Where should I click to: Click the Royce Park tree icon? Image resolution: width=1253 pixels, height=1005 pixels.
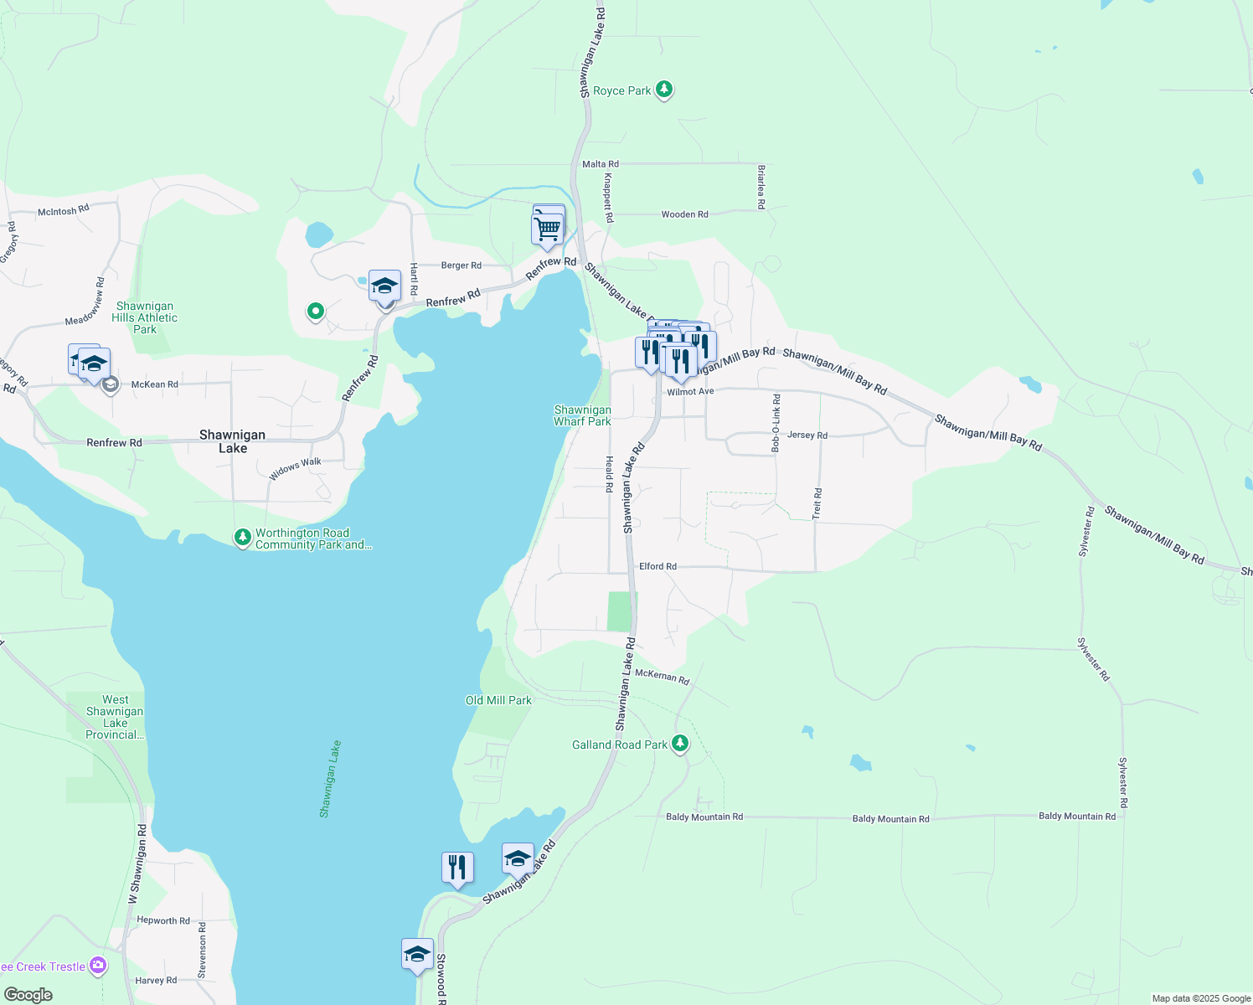click(x=664, y=89)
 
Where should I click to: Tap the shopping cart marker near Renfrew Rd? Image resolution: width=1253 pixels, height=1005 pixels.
click(x=547, y=228)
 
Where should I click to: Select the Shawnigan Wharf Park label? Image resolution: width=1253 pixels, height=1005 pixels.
click(x=582, y=416)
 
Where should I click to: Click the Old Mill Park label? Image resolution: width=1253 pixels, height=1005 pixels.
click(x=498, y=700)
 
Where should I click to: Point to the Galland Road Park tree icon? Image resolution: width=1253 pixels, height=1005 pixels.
click(x=680, y=743)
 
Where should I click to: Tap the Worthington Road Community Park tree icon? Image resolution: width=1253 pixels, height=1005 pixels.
click(x=243, y=537)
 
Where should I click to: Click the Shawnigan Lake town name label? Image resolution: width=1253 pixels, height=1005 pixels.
click(x=232, y=441)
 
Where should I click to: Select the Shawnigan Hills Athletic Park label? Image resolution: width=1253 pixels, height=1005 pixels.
click(x=145, y=318)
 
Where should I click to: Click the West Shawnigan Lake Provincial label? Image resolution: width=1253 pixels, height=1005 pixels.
click(x=115, y=717)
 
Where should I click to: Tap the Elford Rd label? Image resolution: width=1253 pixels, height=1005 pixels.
click(x=657, y=566)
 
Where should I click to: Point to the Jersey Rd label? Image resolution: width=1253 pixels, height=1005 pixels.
click(x=807, y=435)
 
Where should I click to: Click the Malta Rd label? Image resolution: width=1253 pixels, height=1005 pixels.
click(x=600, y=164)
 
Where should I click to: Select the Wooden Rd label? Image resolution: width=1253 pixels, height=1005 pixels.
click(x=684, y=214)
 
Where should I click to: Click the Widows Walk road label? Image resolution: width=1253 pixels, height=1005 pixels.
click(x=295, y=469)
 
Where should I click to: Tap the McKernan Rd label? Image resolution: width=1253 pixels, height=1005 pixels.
click(x=662, y=676)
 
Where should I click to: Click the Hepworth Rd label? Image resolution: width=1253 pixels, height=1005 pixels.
click(x=163, y=920)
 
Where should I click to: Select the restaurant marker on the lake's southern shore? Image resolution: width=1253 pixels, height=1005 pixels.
click(x=457, y=867)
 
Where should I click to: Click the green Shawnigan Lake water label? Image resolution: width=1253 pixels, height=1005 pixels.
click(x=330, y=779)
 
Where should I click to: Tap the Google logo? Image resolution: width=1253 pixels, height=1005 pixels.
click(x=28, y=995)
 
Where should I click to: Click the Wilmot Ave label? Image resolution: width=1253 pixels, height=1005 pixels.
click(x=690, y=392)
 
